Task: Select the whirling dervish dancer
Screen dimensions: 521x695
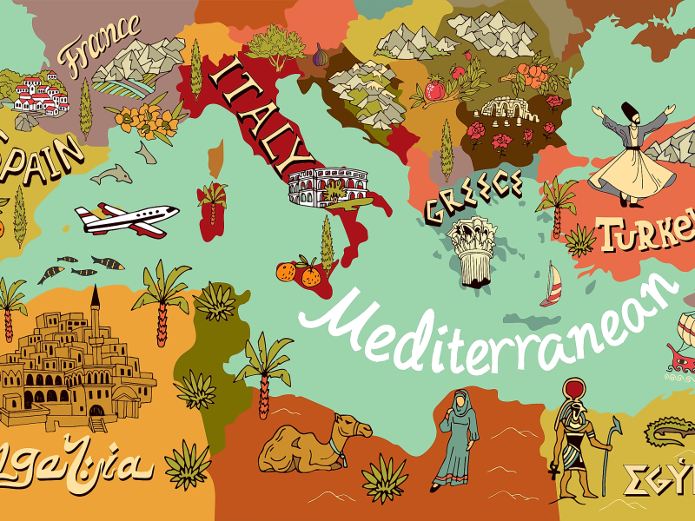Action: pos(632,156)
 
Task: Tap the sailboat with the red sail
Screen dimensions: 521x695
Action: pos(552,287)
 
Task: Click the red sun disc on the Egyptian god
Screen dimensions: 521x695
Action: pos(574,389)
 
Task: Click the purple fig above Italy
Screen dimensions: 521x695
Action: pos(322,56)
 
